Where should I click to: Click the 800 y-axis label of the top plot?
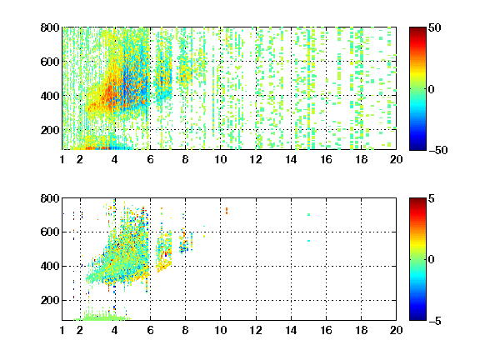tap(50, 27)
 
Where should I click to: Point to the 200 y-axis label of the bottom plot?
tap(50, 300)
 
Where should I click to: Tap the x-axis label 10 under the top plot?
tap(220, 159)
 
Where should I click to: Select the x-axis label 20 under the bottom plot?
tap(396, 330)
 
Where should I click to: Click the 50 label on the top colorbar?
tap(434, 27)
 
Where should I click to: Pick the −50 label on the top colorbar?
tap(437, 150)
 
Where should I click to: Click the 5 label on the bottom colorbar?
tap(432, 198)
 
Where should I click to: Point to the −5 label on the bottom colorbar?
tap(435, 321)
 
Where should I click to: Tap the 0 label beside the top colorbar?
tap(432, 89)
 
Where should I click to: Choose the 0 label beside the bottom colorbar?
tap(432, 260)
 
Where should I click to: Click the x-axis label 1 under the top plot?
tap(62, 159)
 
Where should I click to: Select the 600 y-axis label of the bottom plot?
tap(50, 232)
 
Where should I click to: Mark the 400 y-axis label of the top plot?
tap(50, 96)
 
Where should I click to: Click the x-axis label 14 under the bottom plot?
tap(291, 330)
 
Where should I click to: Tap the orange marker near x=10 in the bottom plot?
tap(227, 211)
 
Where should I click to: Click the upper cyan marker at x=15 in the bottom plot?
tap(308, 215)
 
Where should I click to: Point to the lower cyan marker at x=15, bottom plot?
tap(308, 241)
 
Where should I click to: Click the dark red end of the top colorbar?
tap(417, 29)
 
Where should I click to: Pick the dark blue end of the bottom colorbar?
tap(417, 318)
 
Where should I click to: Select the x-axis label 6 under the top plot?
tap(150, 159)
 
